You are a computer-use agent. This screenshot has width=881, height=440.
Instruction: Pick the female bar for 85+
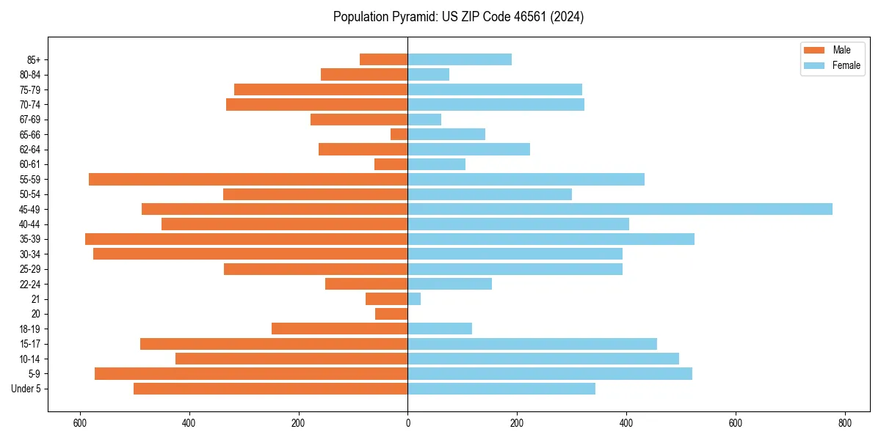[460, 59]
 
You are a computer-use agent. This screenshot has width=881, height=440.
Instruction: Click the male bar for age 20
[391, 314]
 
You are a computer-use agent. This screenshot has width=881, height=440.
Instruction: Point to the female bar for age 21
[414, 299]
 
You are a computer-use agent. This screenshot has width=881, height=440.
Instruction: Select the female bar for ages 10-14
[543, 359]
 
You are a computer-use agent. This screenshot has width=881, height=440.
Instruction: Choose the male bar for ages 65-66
[399, 134]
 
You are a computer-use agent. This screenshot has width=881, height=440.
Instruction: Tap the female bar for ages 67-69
[424, 120]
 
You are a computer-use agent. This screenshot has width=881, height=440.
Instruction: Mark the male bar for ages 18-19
[339, 329]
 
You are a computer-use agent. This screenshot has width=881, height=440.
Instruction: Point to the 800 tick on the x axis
[844, 423]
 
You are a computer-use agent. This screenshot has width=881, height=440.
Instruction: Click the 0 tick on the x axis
[407, 423]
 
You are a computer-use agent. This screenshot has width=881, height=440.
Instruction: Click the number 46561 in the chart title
[520, 17]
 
